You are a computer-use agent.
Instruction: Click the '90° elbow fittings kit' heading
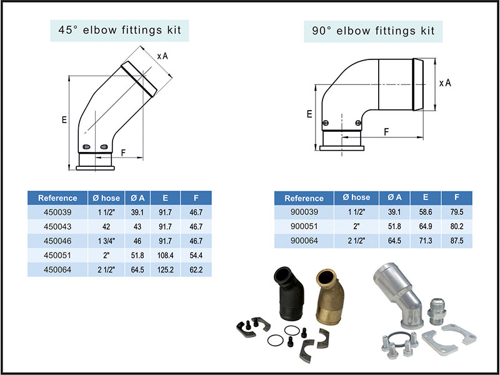373,29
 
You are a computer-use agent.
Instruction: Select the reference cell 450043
57,226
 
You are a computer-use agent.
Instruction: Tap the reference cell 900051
304,226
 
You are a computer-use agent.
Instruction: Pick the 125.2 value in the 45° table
166,269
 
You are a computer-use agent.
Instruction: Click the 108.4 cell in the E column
166,255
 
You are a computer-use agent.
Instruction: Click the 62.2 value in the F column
196,269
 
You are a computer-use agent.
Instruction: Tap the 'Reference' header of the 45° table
57,197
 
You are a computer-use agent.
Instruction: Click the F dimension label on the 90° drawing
386,132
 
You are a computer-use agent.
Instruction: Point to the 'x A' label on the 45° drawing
162,56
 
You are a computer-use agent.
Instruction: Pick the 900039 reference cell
304,212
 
